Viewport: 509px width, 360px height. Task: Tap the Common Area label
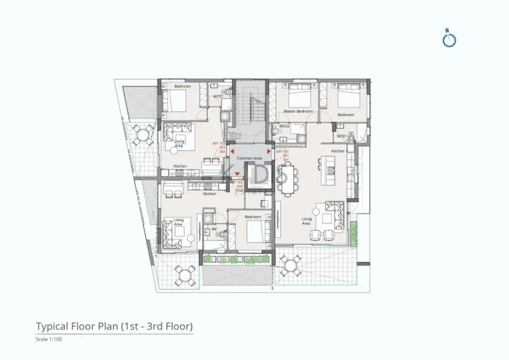point(249,158)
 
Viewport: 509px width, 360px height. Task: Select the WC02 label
point(284,126)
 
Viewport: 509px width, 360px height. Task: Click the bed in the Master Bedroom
point(295,95)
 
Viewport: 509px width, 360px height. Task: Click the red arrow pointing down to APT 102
point(237,174)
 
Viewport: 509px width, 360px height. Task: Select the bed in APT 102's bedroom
point(253,233)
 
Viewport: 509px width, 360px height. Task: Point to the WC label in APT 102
point(214,229)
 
